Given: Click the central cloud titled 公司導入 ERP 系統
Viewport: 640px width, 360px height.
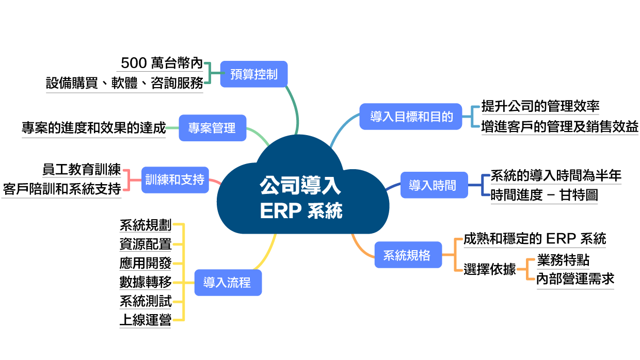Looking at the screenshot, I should [300, 198].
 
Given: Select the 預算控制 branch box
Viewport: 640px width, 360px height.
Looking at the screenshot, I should [253, 74].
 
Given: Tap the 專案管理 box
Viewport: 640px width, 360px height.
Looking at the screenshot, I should [212, 128].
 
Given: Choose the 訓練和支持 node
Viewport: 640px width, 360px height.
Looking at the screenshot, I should [174, 180].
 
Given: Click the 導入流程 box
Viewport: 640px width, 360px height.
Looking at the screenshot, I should [228, 283].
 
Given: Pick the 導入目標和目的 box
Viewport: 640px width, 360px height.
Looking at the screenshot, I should [411, 117].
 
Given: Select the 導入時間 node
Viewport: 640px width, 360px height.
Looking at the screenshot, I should [432, 185].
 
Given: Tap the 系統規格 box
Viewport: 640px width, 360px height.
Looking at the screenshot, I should [408, 255].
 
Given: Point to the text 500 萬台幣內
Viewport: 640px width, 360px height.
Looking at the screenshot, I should [162, 63].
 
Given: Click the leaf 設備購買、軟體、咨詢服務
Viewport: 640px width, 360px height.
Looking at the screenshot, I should [124, 83].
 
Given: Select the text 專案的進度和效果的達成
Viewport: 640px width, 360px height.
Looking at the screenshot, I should [93, 128].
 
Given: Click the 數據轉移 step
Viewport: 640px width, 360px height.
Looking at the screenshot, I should [145, 282].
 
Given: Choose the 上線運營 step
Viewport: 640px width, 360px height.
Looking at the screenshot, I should [145, 320].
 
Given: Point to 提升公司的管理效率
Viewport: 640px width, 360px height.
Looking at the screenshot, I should [540, 106].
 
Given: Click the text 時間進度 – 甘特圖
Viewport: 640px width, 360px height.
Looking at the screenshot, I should [544, 195].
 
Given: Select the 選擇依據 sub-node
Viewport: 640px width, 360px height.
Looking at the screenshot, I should [489, 269].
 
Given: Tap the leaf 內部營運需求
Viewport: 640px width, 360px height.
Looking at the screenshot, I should [575, 280].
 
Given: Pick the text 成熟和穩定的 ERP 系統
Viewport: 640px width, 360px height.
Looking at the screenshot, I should [535, 239].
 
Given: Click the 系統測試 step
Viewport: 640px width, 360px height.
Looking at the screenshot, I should [145, 301].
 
